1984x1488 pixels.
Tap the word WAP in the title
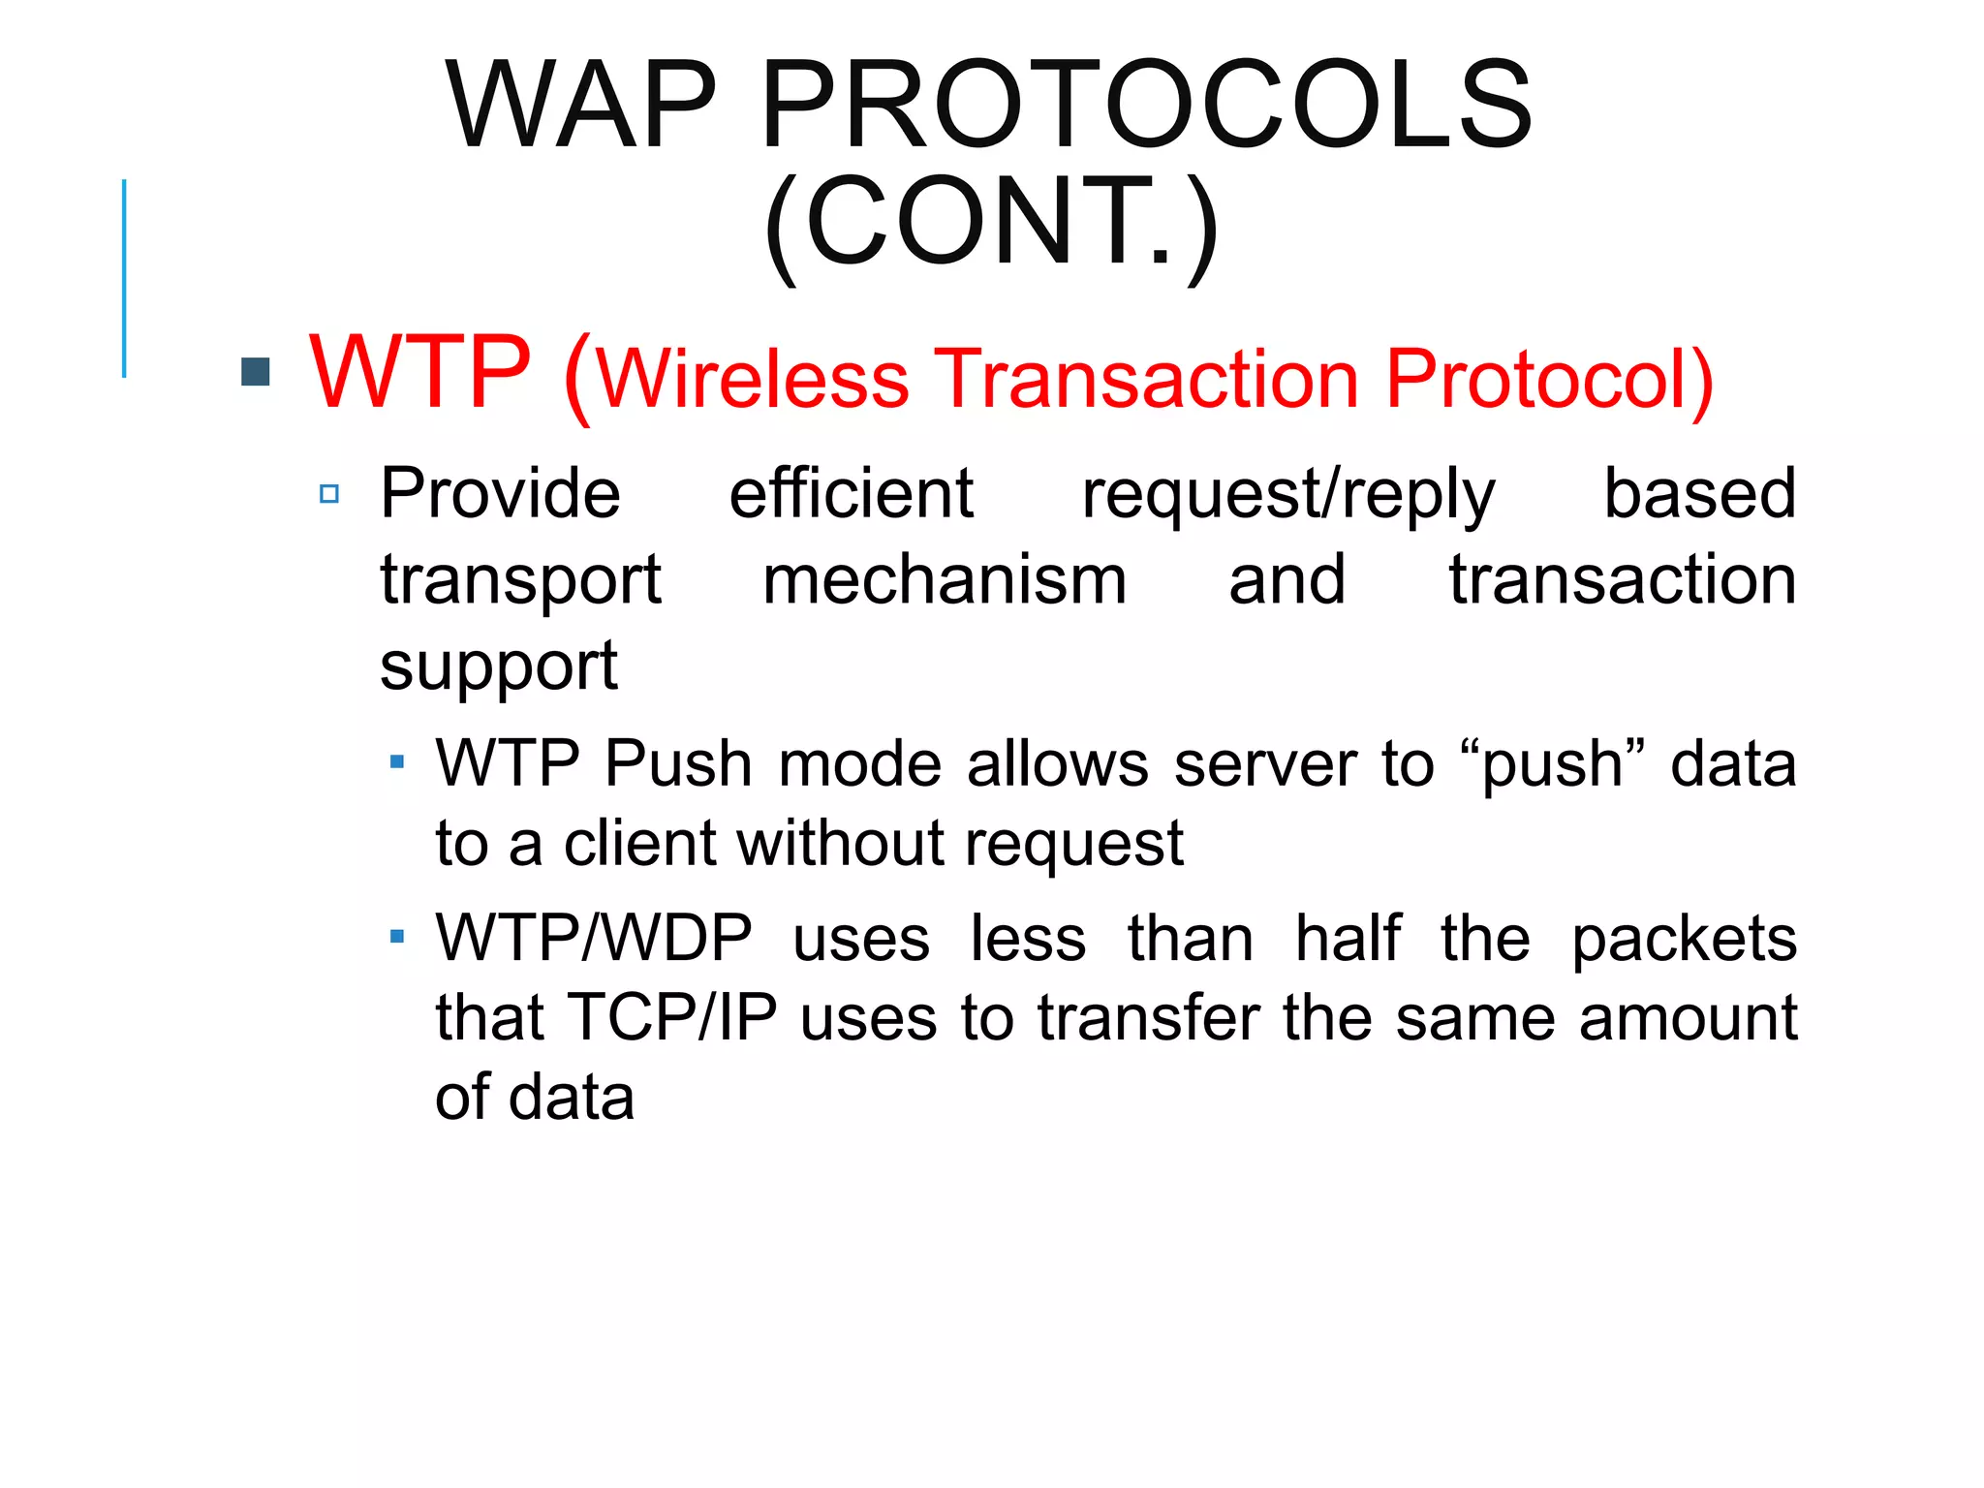click(580, 105)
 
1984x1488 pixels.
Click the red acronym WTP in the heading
click(420, 373)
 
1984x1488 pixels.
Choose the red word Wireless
click(753, 379)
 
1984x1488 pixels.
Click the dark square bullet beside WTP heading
click(255, 372)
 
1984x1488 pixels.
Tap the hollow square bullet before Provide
click(329, 494)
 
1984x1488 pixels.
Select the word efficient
click(851, 493)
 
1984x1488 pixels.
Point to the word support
click(498, 666)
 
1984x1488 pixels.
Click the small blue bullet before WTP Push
click(396, 762)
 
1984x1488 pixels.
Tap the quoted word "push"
click(1552, 764)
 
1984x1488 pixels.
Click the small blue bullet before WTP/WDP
click(396, 937)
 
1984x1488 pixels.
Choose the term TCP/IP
click(673, 1017)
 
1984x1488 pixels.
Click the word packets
click(1684, 940)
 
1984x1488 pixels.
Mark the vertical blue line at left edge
click(124, 278)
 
